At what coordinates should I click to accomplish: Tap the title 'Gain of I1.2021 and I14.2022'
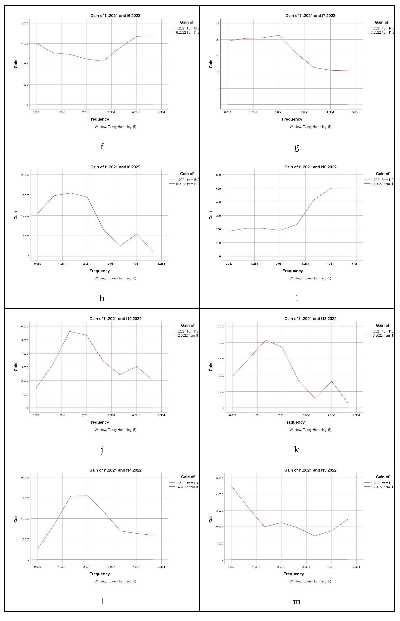pyautogui.click(x=115, y=470)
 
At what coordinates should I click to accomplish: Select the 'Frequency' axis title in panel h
pyautogui.click(x=99, y=271)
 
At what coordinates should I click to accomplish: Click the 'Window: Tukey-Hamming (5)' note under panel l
pyautogui.click(x=115, y=581)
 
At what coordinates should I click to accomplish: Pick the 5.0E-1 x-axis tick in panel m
pyautogui.click(x=356, y=567)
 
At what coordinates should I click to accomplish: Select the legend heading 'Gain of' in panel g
pyautogui.click(x=382, y=22)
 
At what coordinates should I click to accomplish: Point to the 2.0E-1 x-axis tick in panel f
pyautogui.click(x=86, y=112)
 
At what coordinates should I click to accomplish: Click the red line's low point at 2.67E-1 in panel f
pyautogui.click(x=103, y=61)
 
